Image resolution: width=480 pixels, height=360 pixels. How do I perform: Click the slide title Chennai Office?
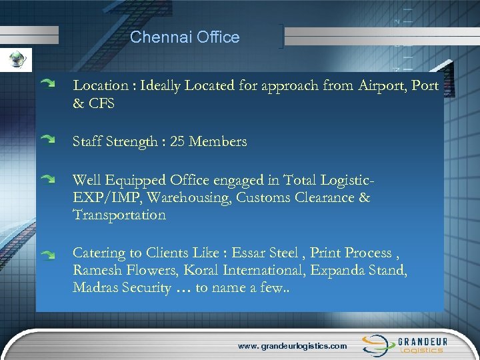[185, 37]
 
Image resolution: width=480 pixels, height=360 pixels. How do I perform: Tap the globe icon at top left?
[15, 61]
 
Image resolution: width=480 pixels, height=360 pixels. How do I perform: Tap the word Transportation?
[119, 215]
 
